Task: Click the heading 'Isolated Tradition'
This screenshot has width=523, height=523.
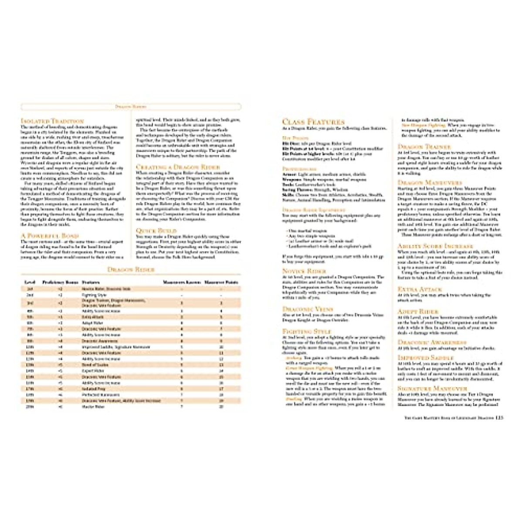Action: click(x=52, y=121)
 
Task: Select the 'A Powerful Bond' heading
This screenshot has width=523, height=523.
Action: click(x=50, y=235)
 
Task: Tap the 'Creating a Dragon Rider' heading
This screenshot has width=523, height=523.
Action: click(x=178, y=167)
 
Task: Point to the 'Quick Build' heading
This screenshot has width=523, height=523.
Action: click(x=156, y=230)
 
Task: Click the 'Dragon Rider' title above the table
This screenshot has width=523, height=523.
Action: click(x=131, y=270)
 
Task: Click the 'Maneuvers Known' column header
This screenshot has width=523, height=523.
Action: click(x=181, y=282)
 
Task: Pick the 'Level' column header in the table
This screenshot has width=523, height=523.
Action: click(x=30, y=282)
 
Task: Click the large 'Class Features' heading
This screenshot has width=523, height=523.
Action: click(x=313, y=122)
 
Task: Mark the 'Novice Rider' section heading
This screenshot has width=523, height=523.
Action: click(x=304, y=271)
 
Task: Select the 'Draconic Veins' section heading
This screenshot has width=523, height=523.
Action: click(x=308, y=309)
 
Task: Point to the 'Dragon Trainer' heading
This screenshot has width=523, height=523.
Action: click(x=424, y=147)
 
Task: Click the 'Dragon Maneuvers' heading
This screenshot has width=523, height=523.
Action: click(x=430, y=182)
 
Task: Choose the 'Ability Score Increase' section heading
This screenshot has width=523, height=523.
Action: click(x=438, y=246)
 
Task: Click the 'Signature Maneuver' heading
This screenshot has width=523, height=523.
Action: click(x=432, y=388)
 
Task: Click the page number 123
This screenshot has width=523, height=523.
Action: click(x=499, y=417)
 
